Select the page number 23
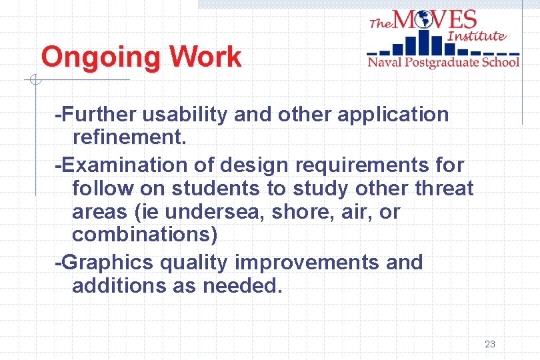(490, 344)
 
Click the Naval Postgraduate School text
(443, 62)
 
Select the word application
(393, 114)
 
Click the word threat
(444, 189)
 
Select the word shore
(293, 213)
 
